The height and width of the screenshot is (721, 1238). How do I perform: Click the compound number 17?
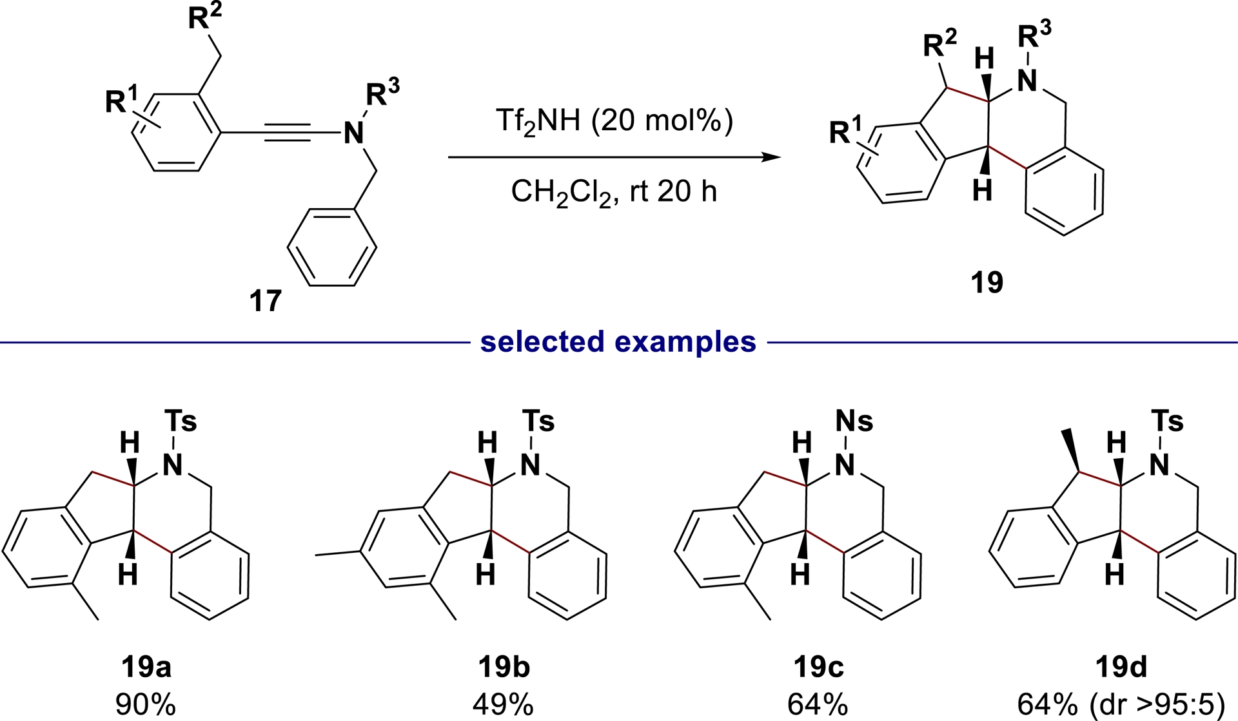[x=266, y=301]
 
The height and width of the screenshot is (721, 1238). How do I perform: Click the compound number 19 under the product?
[x=987, y=282]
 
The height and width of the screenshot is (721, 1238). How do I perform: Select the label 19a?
[x=146, y=668]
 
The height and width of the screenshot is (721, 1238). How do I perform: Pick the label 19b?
[x=504, y=668]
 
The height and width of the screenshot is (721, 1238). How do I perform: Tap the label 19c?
[x=818, y=668]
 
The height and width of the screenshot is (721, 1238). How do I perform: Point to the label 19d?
[x=1121, y=668]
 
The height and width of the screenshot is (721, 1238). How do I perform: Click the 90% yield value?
[x=146, y=705]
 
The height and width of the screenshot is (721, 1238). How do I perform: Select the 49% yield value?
[x=504, y=705]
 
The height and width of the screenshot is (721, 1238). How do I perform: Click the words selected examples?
[x=618, y=341]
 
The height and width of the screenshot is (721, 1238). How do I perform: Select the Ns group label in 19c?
[x=854, y=421]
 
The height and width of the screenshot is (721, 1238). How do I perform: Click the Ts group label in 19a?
[x=181, y=421]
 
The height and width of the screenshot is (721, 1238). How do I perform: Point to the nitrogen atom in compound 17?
[x=353, y=133]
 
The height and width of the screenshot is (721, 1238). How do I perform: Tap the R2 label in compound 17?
[x=204, y=19]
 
